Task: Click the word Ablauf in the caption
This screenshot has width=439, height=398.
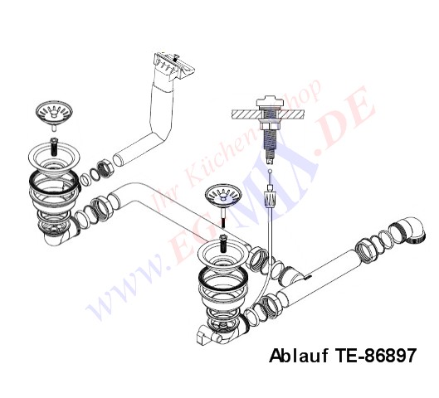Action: (x=299, y=356)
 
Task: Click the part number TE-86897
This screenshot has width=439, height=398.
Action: (x=375, y=356)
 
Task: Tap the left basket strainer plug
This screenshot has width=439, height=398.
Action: (x=54, y=114)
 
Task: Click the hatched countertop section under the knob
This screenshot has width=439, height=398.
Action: (x=267, y=114)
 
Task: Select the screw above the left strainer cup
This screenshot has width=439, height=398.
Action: (x=54, y=146)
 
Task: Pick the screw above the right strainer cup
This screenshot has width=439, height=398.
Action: (x=223, y=243)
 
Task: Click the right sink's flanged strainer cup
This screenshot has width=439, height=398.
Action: (x=223, y=257)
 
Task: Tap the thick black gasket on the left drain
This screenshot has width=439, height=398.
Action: (x=53, y=182)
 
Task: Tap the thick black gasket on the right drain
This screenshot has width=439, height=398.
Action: (x=223, y=279)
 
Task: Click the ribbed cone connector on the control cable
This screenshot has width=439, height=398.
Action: (x=271, y=198)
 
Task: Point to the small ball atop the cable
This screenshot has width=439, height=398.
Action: (x=270, y=171)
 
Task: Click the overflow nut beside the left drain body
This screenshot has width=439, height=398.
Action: (x=106, y=169)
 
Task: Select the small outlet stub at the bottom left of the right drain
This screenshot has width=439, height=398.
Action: (x=204, y=337)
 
